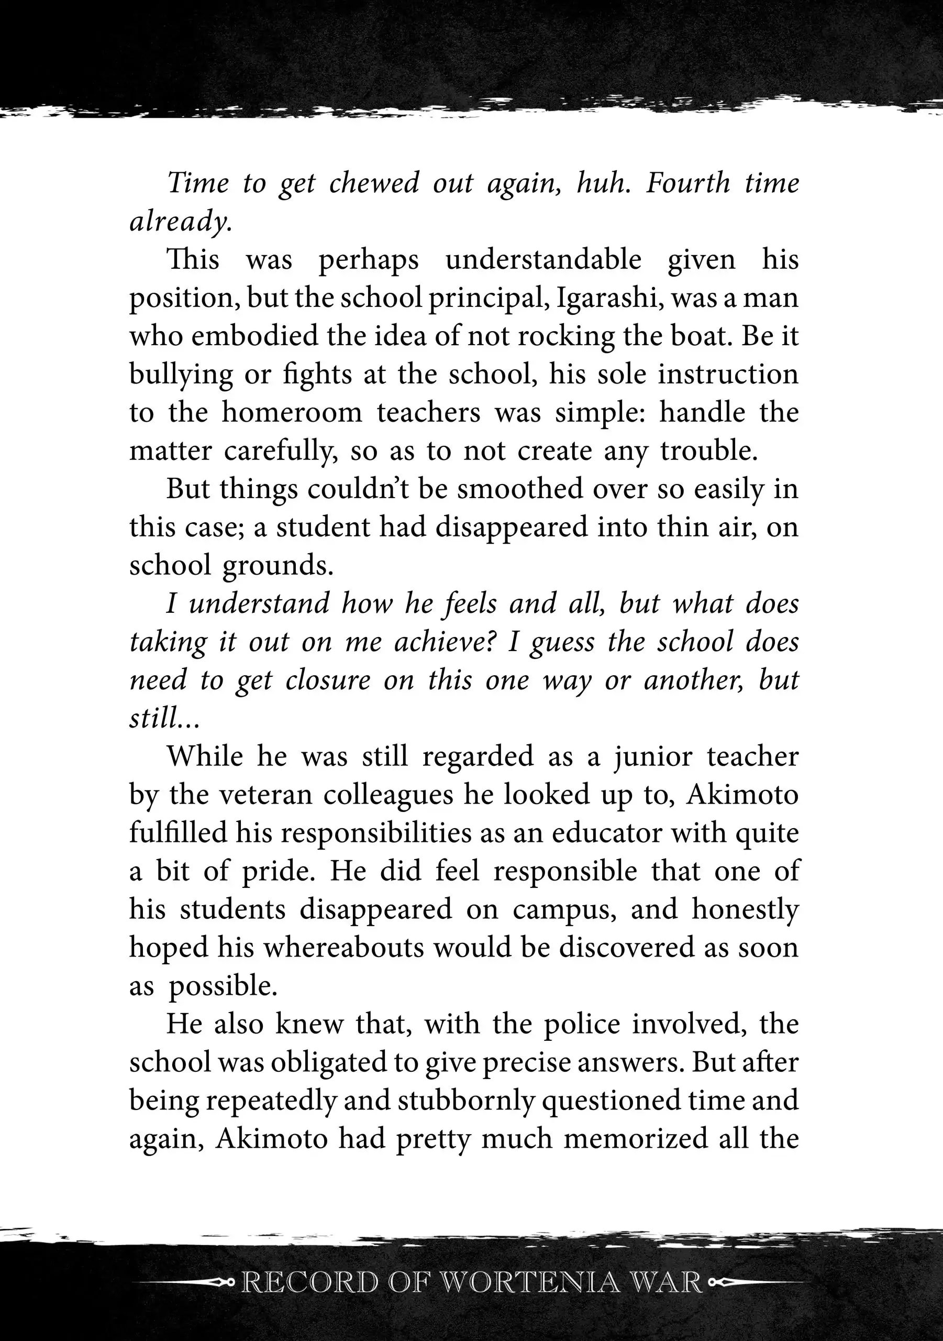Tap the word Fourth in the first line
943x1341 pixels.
(x=687, y=183)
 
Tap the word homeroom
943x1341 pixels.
(x=292, y=413)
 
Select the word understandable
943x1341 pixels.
(x=543, y=260)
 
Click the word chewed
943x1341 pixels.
(x=374, y=183)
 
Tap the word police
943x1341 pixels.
(x=582, y=1024)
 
